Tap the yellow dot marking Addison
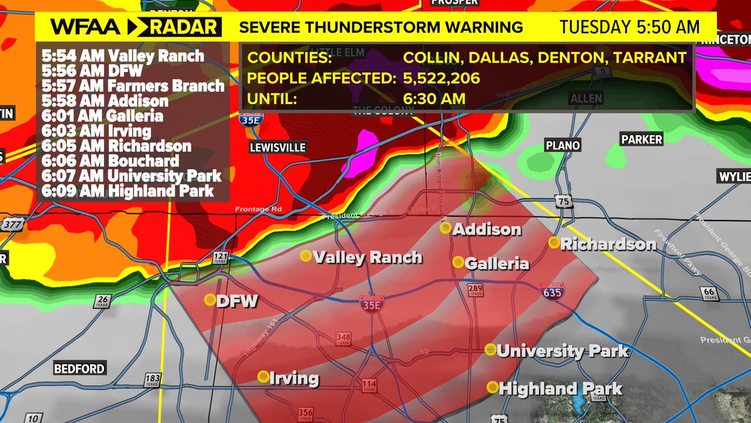445,228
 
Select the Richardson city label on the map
608,244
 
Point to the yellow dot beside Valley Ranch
305,255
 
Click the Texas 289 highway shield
474,290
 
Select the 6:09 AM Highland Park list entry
128,191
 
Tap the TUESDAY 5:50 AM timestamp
629,27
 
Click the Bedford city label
79,368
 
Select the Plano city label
563,145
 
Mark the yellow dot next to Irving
263,377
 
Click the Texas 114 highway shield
369,385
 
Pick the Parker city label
641,139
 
